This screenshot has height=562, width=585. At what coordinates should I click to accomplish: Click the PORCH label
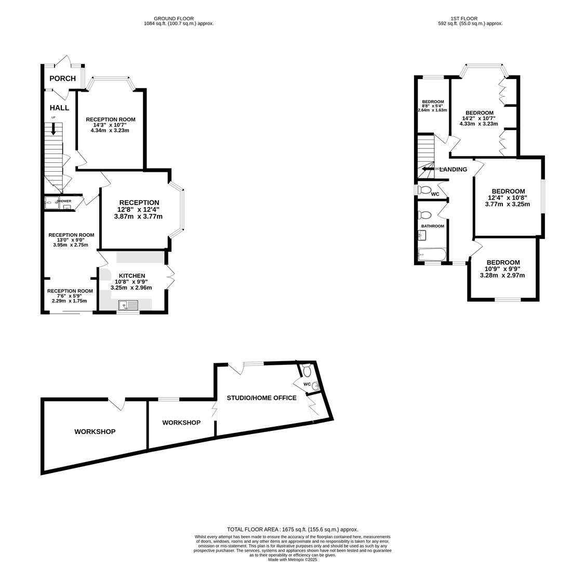point(62,79)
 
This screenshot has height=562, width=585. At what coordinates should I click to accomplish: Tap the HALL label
point(59,108)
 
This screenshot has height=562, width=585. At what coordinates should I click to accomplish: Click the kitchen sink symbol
point(128,305)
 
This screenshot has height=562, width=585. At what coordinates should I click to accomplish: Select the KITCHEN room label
point(132,276)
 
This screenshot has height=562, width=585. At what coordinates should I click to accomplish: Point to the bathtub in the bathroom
point(432,255)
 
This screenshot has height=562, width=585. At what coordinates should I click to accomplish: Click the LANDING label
point(454,169)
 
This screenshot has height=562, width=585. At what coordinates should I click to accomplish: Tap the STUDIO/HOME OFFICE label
point(261,398)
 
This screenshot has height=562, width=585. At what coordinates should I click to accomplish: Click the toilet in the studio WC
point(307,371)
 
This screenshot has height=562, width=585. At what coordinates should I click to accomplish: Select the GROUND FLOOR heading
point(174,19)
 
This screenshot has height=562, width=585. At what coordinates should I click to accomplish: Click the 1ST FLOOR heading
point(464,19)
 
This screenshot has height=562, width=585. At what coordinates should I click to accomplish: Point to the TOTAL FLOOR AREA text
point(293,529)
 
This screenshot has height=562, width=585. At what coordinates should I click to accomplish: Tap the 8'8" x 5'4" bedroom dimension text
point(432,106)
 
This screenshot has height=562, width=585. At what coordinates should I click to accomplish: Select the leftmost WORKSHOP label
point(95,431)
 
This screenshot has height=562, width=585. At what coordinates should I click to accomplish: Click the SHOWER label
point(64,201)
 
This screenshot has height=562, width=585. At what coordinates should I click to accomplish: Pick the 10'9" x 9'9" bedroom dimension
point(502,269)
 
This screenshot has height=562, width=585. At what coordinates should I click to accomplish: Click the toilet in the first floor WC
point(425,190)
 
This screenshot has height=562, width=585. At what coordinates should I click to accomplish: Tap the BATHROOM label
point(432,226)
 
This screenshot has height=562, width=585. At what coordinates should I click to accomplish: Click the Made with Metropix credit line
point(293,559)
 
